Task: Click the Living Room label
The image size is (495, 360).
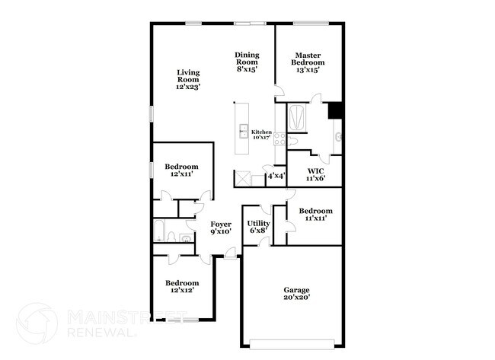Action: pyautogui.click(x=187, y=79)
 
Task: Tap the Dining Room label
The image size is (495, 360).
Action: pyautogui.click(x=247, y=61)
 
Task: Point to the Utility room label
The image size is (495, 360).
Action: pyautogui.click(x=258, y=226)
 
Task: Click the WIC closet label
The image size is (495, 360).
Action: pyautogui.click(x=316, y=174)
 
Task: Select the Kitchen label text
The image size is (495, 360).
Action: pyautogui.click(x=261, y=135)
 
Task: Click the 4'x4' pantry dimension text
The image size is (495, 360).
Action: pyautogui.click(x=276, y=177)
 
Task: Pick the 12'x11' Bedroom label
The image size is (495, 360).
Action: pyautogui.click(x=181, y=170)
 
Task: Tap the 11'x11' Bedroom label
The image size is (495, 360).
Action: pyautogui.click(x=315, y=215)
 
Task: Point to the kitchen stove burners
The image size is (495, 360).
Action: pyautogui.click(x=279, y=139)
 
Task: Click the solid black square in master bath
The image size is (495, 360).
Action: pyautogui.click(x=334, y=110)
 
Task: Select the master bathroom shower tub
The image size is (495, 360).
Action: pyautogui.click(x=296, y=118)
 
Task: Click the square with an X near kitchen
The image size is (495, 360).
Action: pyautogui.click(x=243, y=179)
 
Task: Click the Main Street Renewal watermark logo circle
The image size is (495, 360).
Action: pyautogui.click(x=36, y=323)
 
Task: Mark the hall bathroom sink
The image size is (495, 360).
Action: pyautogui.click(x=172, y=237)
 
